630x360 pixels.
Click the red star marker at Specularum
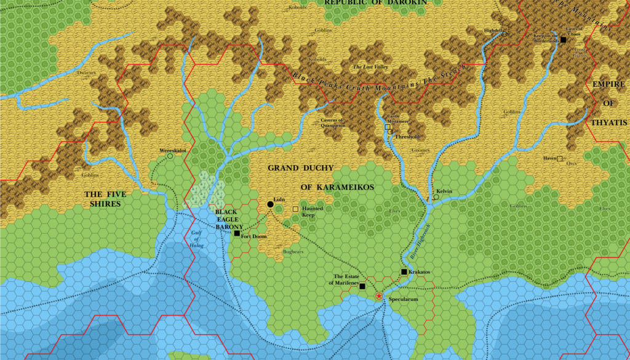pyautogui.click(x=379, y=297)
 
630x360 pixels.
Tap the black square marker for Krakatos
pyautogui.click(x=404, y=272)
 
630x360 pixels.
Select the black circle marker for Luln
pyautogui.click(x=270, y=204)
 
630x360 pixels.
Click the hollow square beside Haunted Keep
pyautogui.click(x=295, y=209)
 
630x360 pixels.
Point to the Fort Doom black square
pyautogui.click(x=237, y=233)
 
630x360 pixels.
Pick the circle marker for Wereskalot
pyautogui.click(x=170, y=156)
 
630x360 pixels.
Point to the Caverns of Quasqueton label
pyautogui.click(x=333, y=122)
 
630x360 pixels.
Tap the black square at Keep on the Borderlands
pyautogui.click(x=562, y=39)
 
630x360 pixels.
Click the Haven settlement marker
pyautogui.click(x=560, y=159)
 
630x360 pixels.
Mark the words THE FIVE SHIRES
pyautogui.click(x=103, y=198)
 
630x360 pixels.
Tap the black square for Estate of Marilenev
pyautogui.click(x=362, y=286)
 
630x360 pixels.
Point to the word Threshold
pyautogui.click(x=407, y=137)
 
